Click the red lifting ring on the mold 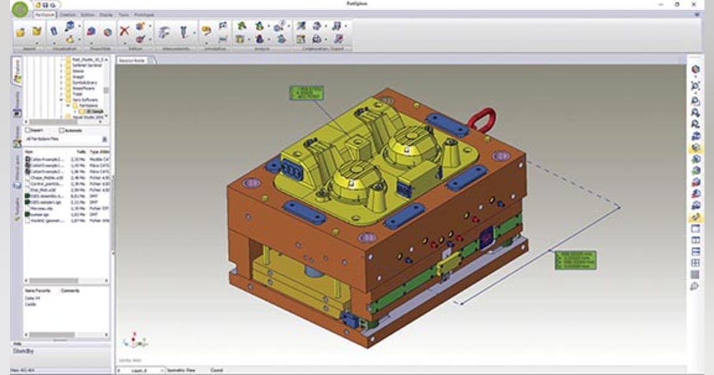(x=481, y=120)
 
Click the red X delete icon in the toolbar (x=124, y=32)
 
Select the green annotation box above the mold (x=307, y=93)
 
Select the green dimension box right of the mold (x=575, y=260)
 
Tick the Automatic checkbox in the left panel (x=62, y=130)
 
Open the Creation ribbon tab (x=67, y=14)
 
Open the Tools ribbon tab (x=123, y=14)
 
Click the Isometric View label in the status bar (x=182, y=370)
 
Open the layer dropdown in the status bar (x=162, y=370)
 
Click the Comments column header (x=70, y=290)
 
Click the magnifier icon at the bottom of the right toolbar (x=694, y=287)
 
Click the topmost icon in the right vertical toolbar (x=694, y=70)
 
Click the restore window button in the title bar (x=677, y=4)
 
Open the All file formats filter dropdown (x=105, y=139)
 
